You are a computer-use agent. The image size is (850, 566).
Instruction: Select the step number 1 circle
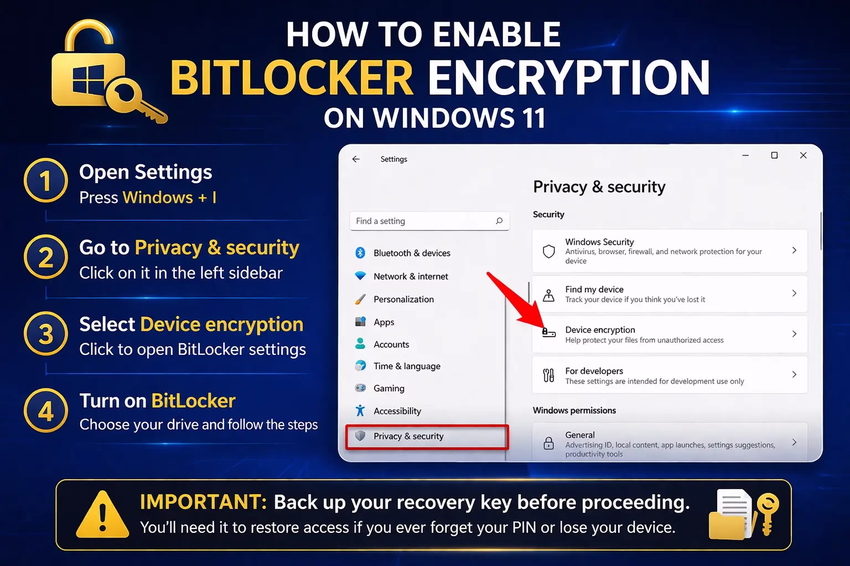tap(45, 181)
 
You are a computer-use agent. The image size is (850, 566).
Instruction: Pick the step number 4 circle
tap(45, 411)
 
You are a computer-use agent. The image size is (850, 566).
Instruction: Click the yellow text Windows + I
tap(169, 197)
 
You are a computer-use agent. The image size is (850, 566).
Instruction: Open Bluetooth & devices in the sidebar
tap(412, 253)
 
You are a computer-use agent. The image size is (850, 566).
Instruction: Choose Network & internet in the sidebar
tap(411, 276)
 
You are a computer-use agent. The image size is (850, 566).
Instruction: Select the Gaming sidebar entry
tap(388, 389)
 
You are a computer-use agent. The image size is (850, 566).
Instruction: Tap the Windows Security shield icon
tap(548, 251)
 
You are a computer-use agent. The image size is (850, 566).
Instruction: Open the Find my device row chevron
tap(794, 294)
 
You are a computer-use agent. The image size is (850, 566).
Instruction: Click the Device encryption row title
tap(600, 330)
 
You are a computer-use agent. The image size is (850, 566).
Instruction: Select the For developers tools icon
tap(548, 375)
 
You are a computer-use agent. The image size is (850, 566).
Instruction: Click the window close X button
tap(803, 155)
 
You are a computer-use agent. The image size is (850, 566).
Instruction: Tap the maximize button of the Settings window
tap(774, 155)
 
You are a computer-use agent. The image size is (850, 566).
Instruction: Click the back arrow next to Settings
tap(356, 159)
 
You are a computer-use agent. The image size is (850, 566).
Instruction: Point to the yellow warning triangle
tap(102, 516)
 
